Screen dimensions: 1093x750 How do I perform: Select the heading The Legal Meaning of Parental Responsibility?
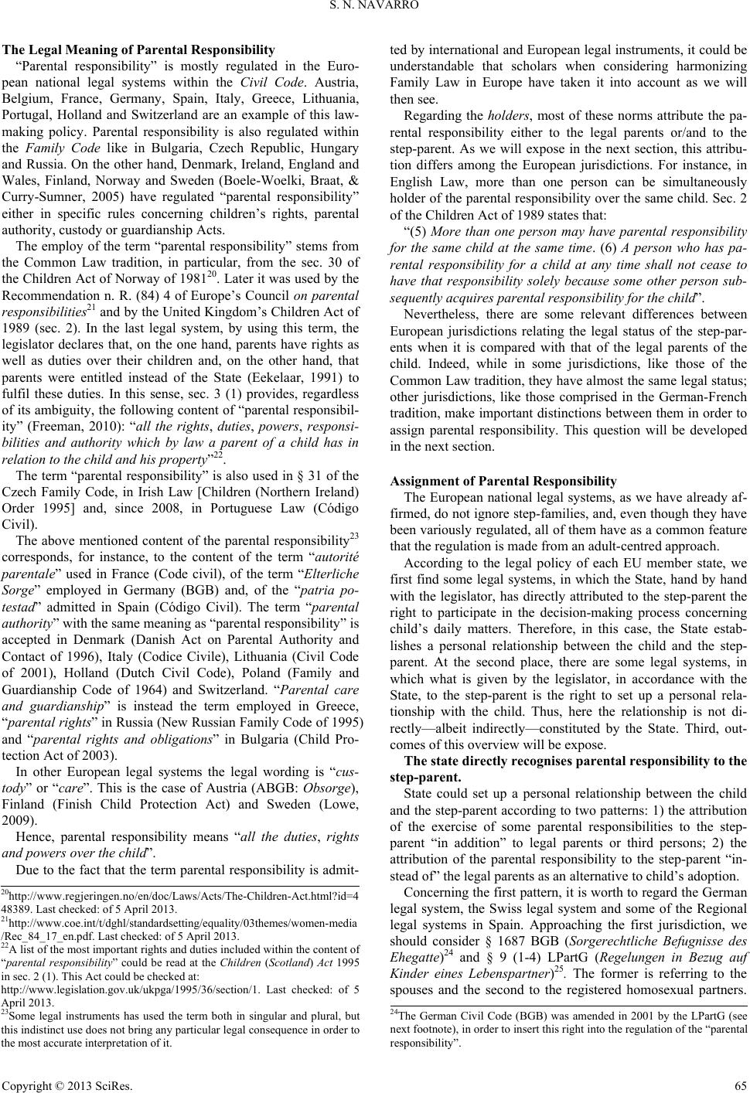click(x=138, y=49)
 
